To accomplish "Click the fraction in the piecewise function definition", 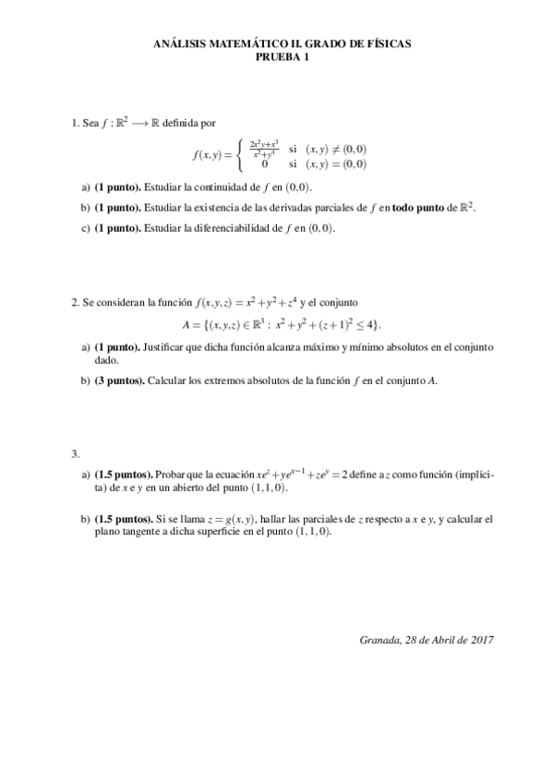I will pos(263,148).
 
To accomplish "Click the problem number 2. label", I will pos(75,302).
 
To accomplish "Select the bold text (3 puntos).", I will pos(119,381).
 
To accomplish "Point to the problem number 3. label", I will pos(75,452).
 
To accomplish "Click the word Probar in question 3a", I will pos(173,474).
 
